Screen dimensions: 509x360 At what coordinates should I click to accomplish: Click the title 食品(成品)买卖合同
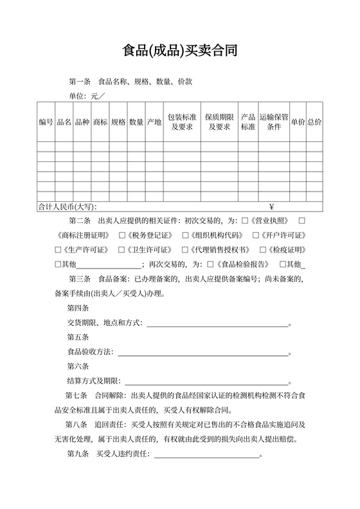click(180, 51)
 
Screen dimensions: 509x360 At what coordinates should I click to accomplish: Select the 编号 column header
click(46, 121)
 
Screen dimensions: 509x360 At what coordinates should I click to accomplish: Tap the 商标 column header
click(100, 121)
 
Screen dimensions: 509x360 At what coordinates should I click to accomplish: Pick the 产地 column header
click(154, 121)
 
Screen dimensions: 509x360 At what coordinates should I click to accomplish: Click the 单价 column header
click(298, 121)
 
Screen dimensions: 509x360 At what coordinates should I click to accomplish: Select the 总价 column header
click(314, 121)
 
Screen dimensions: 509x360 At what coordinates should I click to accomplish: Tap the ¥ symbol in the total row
click(272, 207)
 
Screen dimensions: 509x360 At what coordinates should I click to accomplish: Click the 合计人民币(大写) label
click(67, 207)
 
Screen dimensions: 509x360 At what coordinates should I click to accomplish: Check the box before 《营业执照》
click(244, 220)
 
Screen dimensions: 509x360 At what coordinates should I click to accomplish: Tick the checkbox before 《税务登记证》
click(123, 235)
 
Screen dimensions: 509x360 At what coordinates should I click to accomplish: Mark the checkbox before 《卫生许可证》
click(122, 249)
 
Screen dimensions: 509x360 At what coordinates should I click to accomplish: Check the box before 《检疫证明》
click(262, 249)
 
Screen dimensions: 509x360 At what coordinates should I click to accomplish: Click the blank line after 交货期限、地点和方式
click(219, 324)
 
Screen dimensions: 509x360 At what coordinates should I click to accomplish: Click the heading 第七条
click(76, 396)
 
